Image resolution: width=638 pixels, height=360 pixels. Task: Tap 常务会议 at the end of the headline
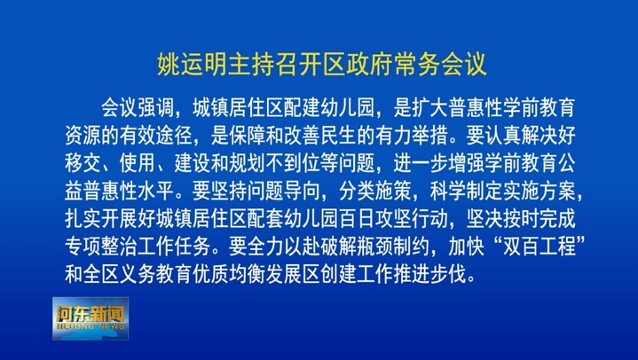(441, 64)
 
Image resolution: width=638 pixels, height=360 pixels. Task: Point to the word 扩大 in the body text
(430, 108)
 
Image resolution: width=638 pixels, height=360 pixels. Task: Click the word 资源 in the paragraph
(83, 136)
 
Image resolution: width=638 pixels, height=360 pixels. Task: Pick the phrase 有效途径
(156, 136)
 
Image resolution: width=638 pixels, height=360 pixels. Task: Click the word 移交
(83, 163)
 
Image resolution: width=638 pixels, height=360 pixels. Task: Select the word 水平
(156, 191)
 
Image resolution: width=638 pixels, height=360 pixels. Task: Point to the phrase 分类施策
(375, 191)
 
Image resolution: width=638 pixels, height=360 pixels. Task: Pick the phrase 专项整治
(101, 247)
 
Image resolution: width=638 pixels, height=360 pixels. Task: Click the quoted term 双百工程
(540, 247)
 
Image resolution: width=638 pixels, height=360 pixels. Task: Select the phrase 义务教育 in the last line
(156, 274)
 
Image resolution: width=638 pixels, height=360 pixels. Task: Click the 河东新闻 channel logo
(91, 318)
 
